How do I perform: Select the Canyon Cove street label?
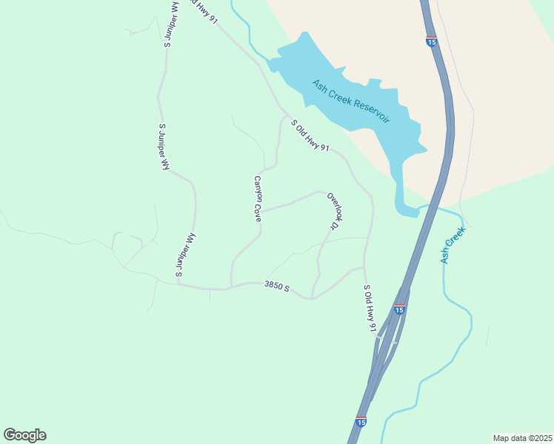click(258, 198)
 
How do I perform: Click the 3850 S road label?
click(276, 286)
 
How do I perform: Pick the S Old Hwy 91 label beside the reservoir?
click(310, 137)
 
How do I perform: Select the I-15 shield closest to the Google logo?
click(361, 421)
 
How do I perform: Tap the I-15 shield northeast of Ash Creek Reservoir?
click(431, 41)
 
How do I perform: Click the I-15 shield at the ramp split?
click(399, 309)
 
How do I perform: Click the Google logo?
click(24, 435)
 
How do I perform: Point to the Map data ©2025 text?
click(522, 438)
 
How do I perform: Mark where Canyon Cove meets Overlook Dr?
click(261, 210)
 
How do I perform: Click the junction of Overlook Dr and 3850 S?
click(312, 298)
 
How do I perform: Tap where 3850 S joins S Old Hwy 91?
click(364, 268)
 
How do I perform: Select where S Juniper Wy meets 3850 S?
click(178, 284)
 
